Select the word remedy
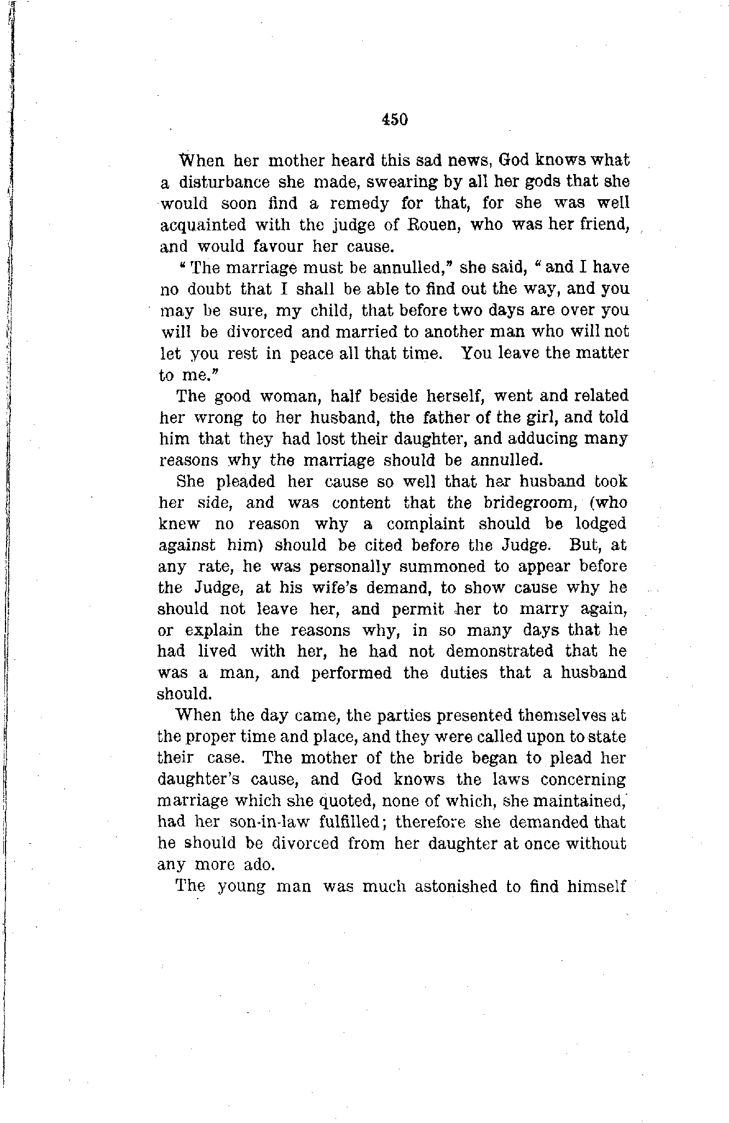pos(359,204)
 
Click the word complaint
pos(425,524)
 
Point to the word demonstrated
pos(499,652)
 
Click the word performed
pos(351,673)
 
